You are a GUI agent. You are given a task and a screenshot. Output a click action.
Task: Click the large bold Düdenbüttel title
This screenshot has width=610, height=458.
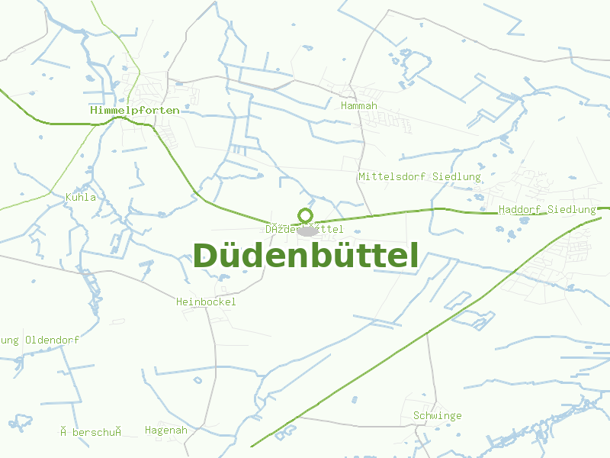point(306,256)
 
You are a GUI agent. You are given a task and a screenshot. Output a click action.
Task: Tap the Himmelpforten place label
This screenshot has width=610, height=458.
point(135,110)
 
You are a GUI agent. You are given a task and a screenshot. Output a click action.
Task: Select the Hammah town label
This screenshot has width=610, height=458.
point(359,105)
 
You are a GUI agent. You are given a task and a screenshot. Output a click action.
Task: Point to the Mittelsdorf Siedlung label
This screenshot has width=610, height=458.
point(419,176)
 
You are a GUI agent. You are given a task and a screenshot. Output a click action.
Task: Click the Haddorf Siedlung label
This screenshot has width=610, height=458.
point(547,209)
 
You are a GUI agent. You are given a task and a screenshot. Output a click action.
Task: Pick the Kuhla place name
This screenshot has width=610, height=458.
point(81,197)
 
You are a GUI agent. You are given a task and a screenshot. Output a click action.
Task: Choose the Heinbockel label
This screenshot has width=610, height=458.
point(206,302)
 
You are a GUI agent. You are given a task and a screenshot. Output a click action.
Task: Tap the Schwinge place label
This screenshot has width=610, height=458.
point(437,415)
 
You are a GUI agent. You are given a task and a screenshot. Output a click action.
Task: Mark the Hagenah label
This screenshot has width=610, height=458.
point(165,430)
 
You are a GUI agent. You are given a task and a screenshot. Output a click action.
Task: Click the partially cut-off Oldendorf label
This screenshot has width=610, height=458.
point(40,340)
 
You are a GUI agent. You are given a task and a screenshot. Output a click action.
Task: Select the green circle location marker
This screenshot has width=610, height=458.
point(306,215)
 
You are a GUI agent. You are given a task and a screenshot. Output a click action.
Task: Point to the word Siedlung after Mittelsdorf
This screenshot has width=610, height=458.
point(457,176)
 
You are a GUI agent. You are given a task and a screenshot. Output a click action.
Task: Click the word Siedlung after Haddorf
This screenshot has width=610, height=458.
point(571,209)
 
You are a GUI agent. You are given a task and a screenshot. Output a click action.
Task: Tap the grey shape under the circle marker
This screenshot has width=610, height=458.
point(307,231)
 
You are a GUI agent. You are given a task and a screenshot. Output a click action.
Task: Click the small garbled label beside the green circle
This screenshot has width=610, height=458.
point(304,229)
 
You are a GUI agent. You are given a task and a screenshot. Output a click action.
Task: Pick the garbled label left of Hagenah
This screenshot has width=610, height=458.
point(91,432)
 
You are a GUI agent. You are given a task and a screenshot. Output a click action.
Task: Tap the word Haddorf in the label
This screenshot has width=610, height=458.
point(520,209)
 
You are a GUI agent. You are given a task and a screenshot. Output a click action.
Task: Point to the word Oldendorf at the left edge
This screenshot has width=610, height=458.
point(52,340)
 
